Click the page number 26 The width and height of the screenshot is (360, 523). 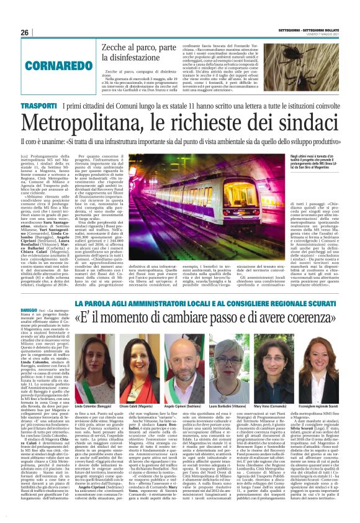pyautogui.click(x=25, y=32)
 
